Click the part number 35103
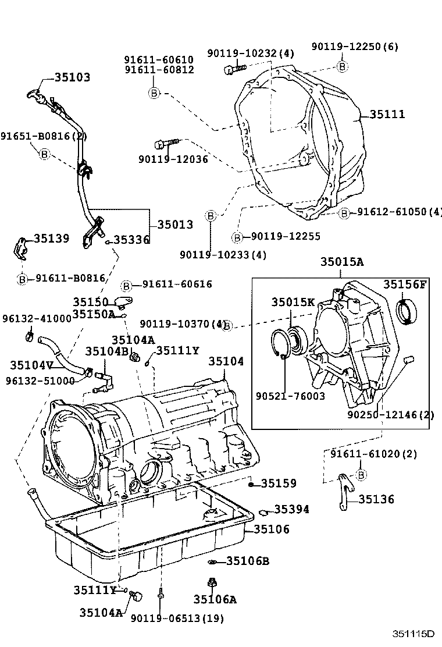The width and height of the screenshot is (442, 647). pyautogui.click(x=73, y=77)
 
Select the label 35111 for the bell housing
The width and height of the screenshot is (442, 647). pyautogui.click(x=386, y=115)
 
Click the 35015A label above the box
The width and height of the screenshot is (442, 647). pyautogui.click(x=341, y=262)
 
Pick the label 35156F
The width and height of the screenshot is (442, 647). pyautogui.click(x=405, y=284)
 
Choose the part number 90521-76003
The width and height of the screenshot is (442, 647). pyautogui.click(x=290, y=396)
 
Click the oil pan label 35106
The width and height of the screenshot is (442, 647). pyautogui.click(x=271, y=530)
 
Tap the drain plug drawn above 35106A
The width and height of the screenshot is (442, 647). pyautogui.click(x=211, y=582)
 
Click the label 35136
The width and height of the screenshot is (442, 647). pyautogui.click(x=376, y=499)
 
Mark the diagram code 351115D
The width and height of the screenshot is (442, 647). pyautogui.click(x=413, y=634)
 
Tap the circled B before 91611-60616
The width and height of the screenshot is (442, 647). pyautogui.click(x=126, y=285)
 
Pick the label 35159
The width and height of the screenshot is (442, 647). pyautogui.click(x=278, y=483)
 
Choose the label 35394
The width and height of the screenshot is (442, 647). pyautogui.click(x=291, y=510)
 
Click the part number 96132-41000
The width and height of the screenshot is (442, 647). pyautogui.click(x=37, y=319)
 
